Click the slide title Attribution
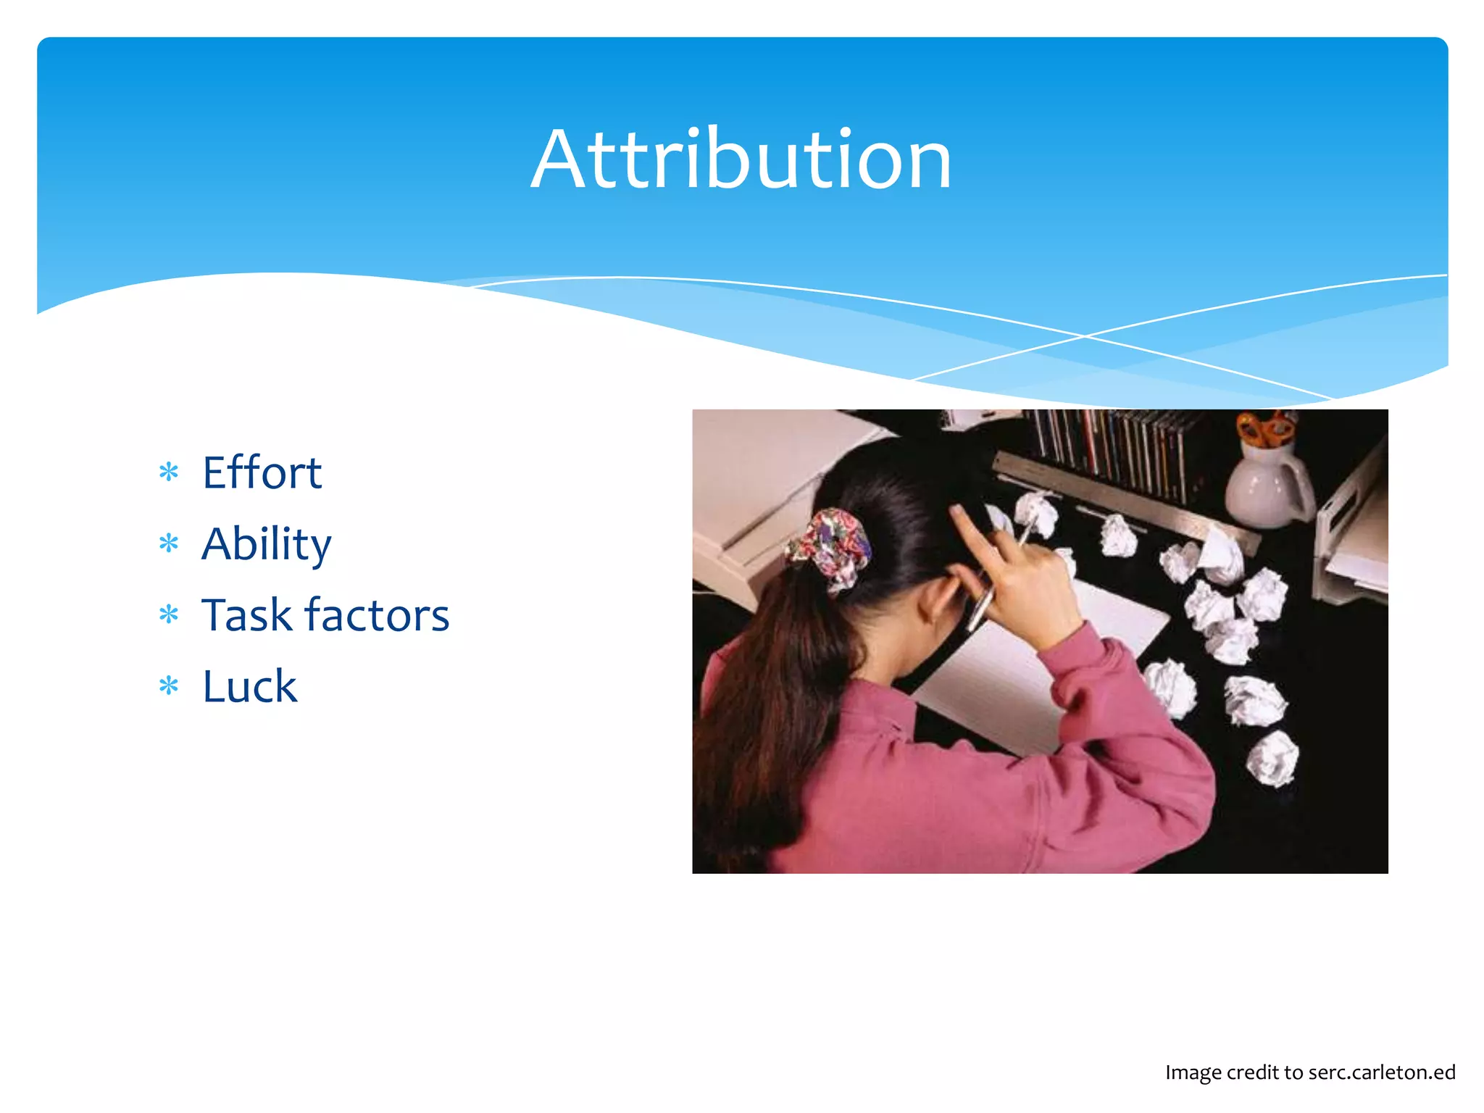click(x=741, y=159)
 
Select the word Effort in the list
click(x=262, y=472)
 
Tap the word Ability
click(x=266, y=544)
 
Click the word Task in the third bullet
click(x=246, y=615)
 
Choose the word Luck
click(x=249, y=686)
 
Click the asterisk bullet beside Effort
click(x=169, y=472)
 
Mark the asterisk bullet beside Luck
click(x=169, y=685)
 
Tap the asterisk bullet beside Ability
click(x=169, y=543)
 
